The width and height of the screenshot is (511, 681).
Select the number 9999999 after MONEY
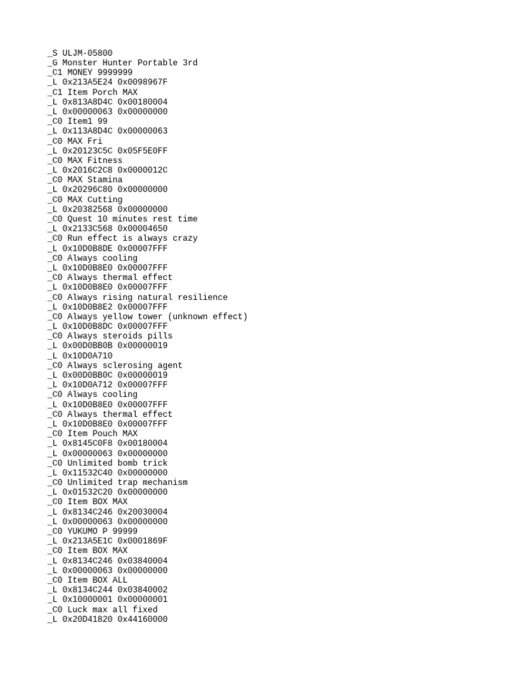(114, 72)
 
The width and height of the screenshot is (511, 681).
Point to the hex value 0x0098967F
(142, 82)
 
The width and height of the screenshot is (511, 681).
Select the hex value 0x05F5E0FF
(142, 151)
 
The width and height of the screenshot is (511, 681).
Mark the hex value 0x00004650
(142, 229)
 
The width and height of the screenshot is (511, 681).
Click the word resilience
(202, 297)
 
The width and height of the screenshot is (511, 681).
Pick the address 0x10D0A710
(87, 356)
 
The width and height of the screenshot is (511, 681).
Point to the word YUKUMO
(82, 531)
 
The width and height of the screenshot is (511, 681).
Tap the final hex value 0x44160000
(142, 619)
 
